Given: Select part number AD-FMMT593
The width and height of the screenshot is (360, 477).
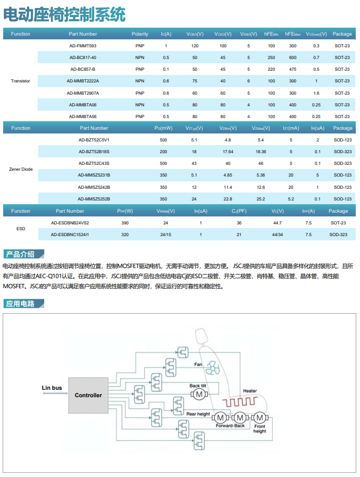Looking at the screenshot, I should point(82,46).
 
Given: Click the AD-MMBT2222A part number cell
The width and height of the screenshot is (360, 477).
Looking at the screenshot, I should point(82,81).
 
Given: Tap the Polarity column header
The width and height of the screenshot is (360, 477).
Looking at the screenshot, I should point(140,34).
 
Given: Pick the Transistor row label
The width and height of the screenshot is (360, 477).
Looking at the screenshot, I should point(20,81).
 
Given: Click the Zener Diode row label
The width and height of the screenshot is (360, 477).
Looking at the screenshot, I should point(21,169).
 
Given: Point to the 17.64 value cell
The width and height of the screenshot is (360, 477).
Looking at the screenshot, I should point(228,152).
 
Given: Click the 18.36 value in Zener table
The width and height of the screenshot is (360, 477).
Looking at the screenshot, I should point(261,152).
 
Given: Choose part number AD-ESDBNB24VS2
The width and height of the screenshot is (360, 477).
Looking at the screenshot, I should point(70,223).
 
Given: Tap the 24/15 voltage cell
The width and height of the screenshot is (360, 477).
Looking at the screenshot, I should point(165,235).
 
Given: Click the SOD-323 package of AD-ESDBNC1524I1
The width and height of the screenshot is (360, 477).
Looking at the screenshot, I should point(338,235).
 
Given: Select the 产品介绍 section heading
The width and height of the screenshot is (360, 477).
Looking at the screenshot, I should point(21,254).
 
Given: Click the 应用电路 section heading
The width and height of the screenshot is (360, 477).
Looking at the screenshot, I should point(21,304).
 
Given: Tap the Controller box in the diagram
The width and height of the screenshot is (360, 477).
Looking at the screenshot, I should point(88,395).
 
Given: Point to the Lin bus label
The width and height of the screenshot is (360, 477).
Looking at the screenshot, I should point(52,388).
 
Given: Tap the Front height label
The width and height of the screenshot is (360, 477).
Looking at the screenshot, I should point(259,429).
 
